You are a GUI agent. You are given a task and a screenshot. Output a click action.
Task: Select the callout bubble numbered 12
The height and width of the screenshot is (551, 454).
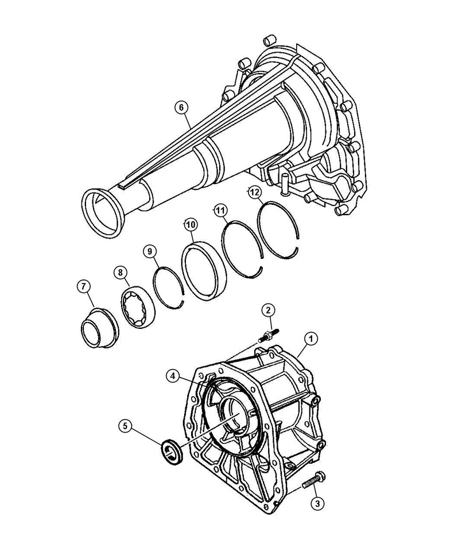255,193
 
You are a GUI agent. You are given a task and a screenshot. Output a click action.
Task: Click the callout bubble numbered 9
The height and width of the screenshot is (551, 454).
149,251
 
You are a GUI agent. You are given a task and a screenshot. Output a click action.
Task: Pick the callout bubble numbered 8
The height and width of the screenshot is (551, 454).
121,273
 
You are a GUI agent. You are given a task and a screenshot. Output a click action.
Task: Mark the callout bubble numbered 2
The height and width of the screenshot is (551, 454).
267,311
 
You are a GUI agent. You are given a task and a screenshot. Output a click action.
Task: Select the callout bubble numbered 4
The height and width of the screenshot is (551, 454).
172,376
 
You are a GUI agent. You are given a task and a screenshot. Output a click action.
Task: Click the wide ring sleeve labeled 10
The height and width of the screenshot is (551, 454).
204,271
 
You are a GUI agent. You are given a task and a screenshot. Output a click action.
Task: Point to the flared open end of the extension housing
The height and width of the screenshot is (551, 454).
103,211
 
